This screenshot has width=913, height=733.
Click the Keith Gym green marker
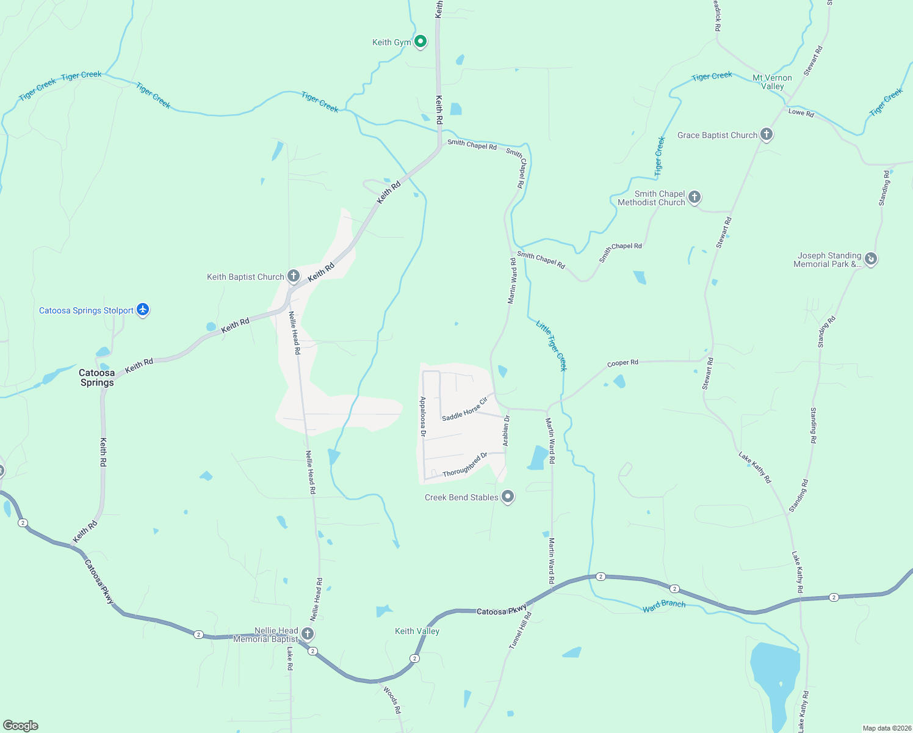point(420,42)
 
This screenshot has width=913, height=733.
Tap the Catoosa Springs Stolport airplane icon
point(143,310)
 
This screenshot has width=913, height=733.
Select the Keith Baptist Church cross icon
point(294,276)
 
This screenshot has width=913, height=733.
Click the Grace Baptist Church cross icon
point(767,135)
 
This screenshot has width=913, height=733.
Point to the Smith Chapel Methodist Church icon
point(694,197)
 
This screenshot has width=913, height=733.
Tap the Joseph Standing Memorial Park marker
point(871,259)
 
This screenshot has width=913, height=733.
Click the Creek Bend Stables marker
point(508,497)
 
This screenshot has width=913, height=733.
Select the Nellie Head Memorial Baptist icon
point(308,633)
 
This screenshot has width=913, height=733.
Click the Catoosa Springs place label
point(97,377)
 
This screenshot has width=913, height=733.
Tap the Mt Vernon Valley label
point(772,82)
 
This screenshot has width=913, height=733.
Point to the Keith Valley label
point(417,631)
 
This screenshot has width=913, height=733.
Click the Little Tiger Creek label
point(552,345)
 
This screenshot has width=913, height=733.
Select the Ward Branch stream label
point(664,605)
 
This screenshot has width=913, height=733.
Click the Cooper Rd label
point(622,363)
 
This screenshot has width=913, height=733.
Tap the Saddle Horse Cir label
point(465,409)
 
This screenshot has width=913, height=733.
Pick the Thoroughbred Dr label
point(465,465)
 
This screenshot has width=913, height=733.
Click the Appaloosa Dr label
point(422,416)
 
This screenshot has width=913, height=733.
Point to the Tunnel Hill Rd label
point(521,630)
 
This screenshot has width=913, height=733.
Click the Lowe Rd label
point(801,112)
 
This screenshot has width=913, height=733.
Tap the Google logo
point(21,726)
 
